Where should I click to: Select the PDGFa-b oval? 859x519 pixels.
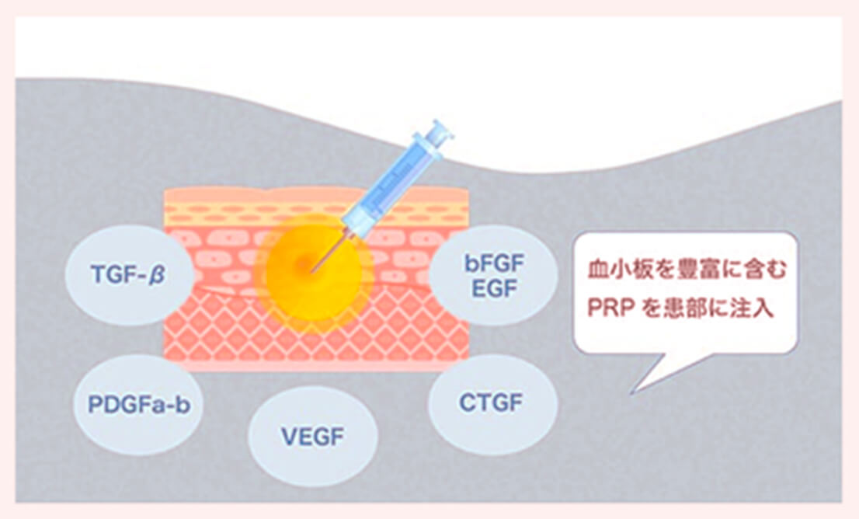139,405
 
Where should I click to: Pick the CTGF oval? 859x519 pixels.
491,403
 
